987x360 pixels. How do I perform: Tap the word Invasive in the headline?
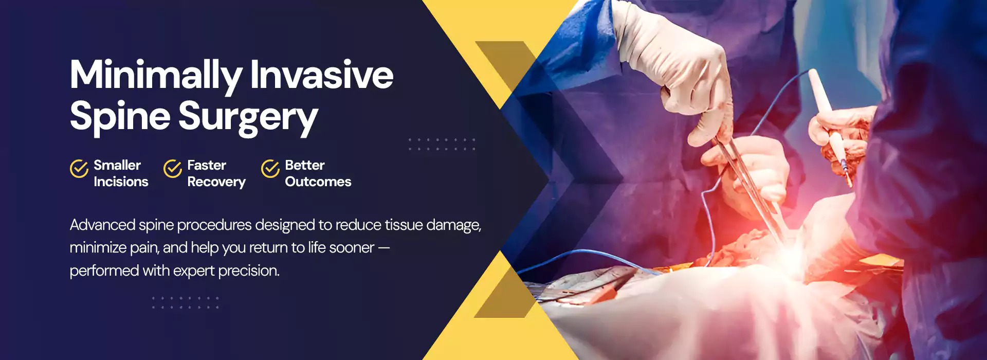[322, 75]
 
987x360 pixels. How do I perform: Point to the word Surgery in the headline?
[248, 117]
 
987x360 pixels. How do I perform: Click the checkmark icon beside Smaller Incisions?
[79, 168]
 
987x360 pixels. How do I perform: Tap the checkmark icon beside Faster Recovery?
[173, 168]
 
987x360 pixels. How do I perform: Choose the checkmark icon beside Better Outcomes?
[270, 168]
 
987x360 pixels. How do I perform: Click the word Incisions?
[121, 182]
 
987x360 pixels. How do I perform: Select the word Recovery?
[216, 182]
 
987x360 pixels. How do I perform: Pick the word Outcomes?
[318, 182]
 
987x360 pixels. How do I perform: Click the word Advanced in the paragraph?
[102, 225]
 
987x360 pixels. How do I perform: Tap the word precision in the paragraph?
[249, 271]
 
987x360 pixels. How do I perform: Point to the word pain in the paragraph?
[144, 248]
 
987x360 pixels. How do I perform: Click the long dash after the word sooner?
[383, 248]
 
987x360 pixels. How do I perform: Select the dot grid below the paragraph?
[186, 302]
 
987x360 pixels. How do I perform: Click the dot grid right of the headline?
[442, 144]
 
